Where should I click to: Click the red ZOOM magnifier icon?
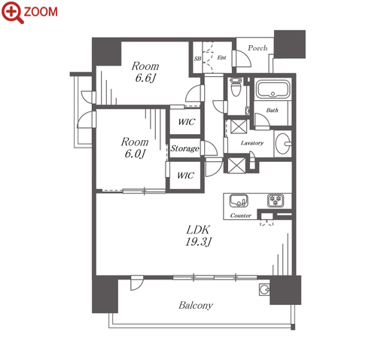pos(13,12)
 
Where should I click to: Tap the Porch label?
pos(258,47)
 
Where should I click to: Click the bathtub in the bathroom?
pos(273,89)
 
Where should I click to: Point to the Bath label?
pos(272,110)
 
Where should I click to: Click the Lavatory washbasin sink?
pos(283,144)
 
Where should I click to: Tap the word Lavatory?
pos(252,143)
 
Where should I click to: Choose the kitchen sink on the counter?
pos(239,200)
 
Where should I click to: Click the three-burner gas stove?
pos(276,200)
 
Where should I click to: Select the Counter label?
pos(240,215)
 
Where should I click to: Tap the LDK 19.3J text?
pos(198,236)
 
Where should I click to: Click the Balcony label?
pos(196,305)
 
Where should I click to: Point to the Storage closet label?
pos(185,148)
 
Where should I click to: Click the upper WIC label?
pos(186,122)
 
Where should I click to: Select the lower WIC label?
pos(185,175)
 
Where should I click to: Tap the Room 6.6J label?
pos(145,72)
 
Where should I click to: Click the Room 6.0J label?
pos(135,148)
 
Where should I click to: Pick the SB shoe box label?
pos(197,59)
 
